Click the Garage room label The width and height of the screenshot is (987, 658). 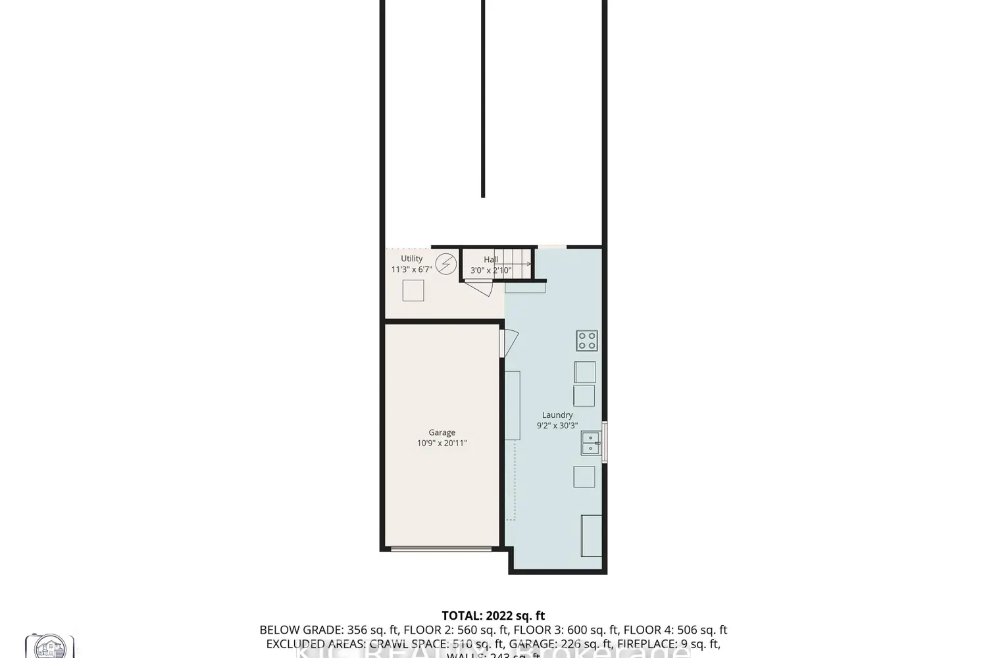(442, 432)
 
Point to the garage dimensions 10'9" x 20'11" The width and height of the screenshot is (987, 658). (442, 443)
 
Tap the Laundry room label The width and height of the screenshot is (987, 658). (557, 415)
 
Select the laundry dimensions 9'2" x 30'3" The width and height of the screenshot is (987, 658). (557, 426)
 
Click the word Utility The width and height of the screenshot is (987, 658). (412, 259)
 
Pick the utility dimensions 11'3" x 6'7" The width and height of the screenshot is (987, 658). (412, 269)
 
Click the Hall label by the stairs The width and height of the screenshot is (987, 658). (491, 260)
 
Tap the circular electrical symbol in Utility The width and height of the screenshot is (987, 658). (446, 264)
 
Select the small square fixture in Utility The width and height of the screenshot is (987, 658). (413, 290)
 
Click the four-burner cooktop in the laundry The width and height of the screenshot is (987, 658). (587, 341)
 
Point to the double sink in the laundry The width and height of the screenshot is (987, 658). (590, 443)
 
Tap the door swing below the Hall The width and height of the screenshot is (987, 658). (478, 288)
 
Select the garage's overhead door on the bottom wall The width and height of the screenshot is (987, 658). (441, 548)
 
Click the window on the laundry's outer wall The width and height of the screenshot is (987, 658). (605, 442)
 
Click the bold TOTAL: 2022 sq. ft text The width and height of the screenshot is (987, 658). (493, 616)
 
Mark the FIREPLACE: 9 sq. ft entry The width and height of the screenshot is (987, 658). (670, 644)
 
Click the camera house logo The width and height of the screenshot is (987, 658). (49, 647)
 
